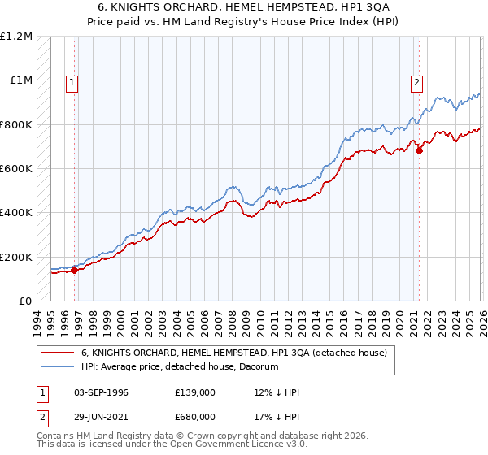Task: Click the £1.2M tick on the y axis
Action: (x=16, y=37)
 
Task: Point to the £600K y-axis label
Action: (x=16, y=169)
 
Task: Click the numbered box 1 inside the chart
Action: (x=72, y=81)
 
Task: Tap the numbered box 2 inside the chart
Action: (x=416, y=81)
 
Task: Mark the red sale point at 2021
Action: (x=419, y=150)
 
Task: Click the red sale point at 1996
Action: (x=75, y=271)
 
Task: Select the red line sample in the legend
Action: (x=59, y=353)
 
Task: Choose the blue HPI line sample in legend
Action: (x=59, y=367)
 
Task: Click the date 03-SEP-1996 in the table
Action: (x=95, y=392)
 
